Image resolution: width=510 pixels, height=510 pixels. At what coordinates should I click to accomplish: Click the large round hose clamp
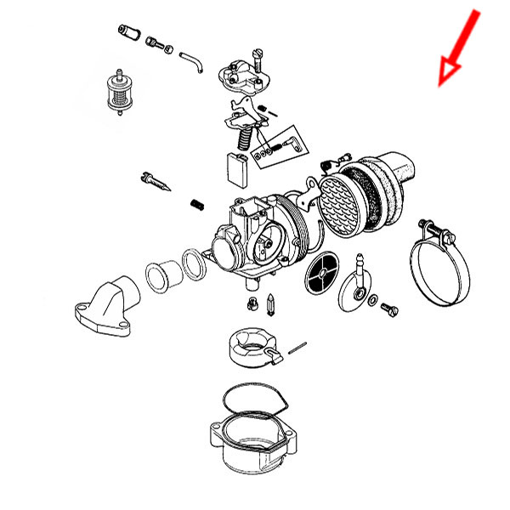pyautogui.click(x=438, y=268)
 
